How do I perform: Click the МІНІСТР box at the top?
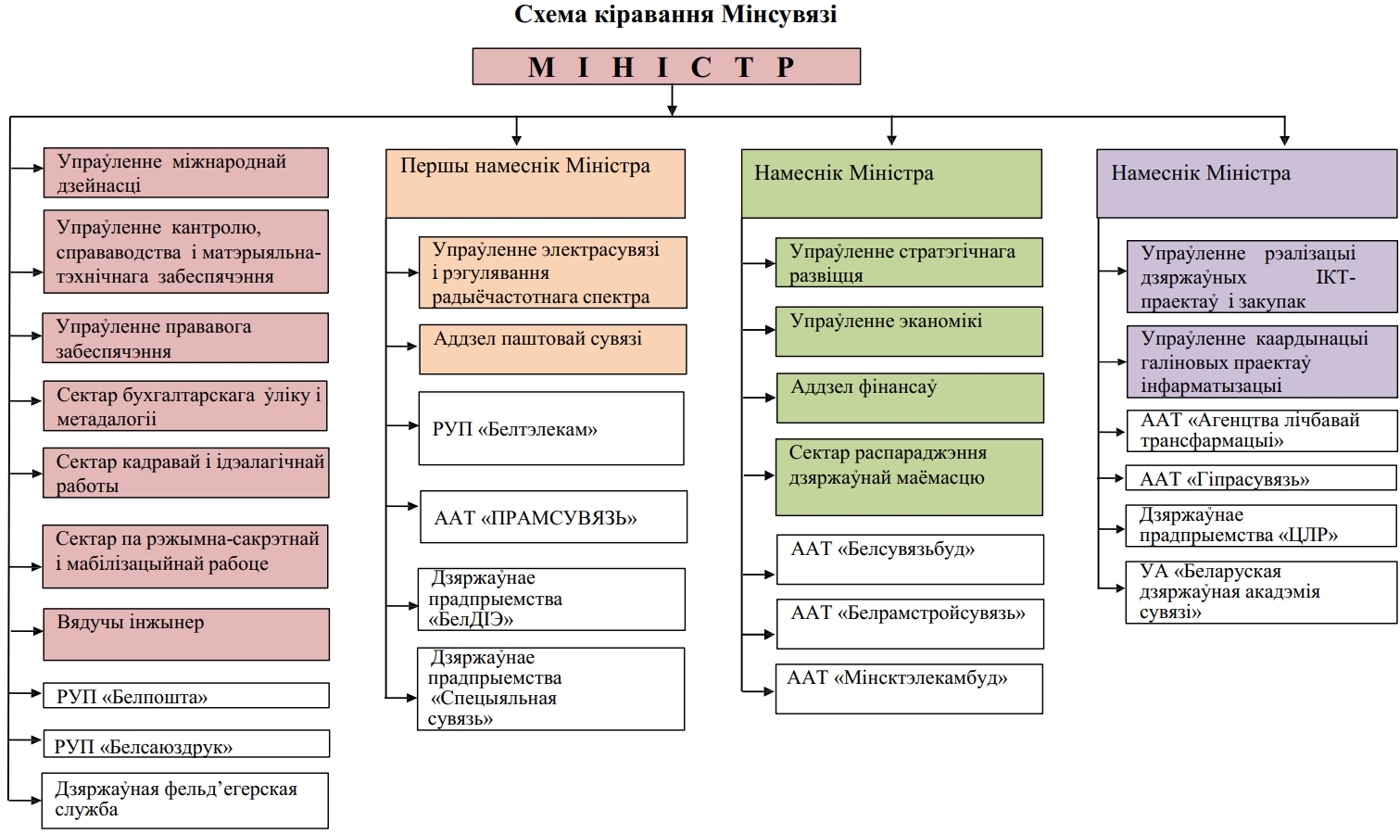[666, 67]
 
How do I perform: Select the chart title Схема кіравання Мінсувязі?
[675, 15]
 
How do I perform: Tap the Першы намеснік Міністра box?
[536, 183]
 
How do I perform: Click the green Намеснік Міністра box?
[891, 183]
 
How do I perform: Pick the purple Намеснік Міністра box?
[1246, 183]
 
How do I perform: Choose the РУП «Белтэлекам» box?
[551, 428]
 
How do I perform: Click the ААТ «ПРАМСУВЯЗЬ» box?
[553, 517]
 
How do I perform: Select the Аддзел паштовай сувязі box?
[553, 348]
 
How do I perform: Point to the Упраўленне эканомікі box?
[909, 332]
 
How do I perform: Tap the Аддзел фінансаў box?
[910, 398]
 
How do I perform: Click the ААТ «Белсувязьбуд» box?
[910, 559]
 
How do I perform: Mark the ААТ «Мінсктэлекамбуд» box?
[909, 689]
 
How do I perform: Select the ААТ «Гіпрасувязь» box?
[1260, 478]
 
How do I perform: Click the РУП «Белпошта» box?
[185, 696]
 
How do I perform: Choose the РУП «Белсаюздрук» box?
[185, 744]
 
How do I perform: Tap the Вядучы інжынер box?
[185, 634]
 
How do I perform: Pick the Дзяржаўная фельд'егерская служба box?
[184, 801]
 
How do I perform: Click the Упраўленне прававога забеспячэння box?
[185, 337]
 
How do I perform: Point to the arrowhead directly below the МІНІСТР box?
[672, 110]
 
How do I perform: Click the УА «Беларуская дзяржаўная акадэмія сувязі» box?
[1260, 592]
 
